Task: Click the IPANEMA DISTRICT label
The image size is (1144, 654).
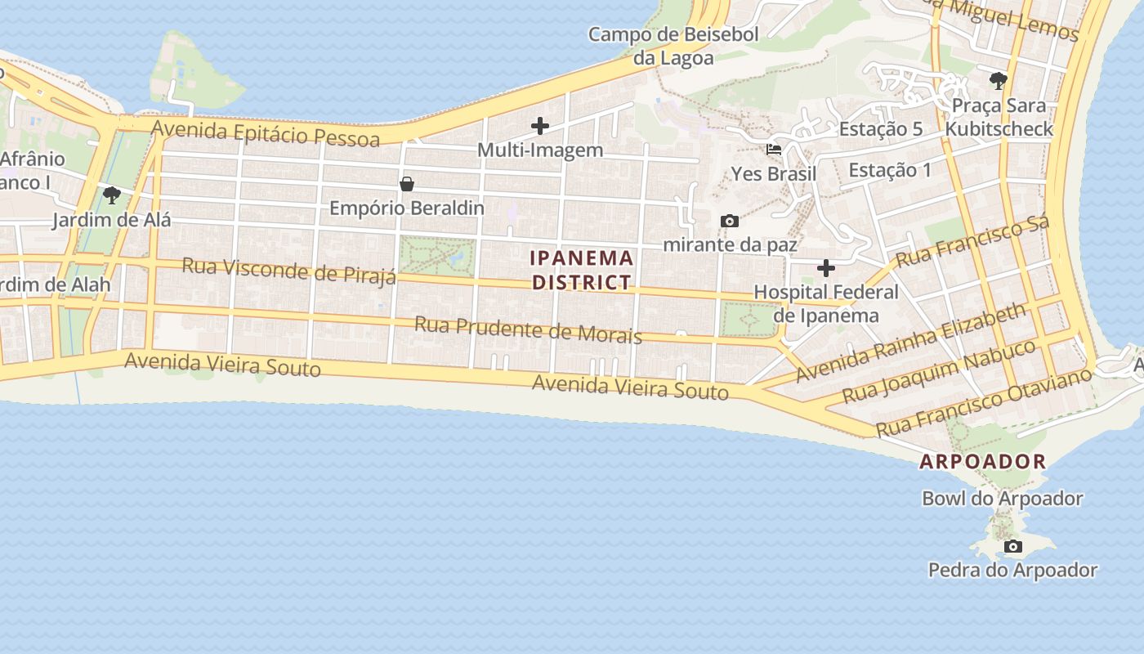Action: tap(581, 270)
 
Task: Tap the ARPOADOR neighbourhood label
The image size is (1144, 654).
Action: tap(982, 461)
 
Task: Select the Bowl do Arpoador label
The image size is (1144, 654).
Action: tap(1002, 498)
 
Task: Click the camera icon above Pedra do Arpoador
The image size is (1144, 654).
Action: tap(1013, 546)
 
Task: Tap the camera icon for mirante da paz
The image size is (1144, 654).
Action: tap(730, 221)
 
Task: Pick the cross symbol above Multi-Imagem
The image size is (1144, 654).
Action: tap(539, 126)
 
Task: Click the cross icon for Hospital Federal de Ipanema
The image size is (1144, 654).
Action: tap(826, 267)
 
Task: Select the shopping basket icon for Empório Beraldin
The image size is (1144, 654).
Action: tap(406, 184)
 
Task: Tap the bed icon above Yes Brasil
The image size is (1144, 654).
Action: tap(773, 150)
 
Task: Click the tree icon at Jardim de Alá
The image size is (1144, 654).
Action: tap(112, 195)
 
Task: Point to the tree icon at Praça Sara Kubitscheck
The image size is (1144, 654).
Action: tap(998, 80)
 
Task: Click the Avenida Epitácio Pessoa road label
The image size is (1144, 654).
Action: tap(266, 133)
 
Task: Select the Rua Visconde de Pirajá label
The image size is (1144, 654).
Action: tap(288, 270)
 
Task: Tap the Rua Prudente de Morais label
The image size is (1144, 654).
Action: tap(528, 329)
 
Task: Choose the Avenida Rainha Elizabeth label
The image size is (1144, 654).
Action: tap(910, 342)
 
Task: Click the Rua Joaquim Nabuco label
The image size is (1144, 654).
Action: tap(939, 370)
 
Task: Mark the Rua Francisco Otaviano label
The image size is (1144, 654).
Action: tap(984, 401)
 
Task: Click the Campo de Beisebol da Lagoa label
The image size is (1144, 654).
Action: tap(673, 46)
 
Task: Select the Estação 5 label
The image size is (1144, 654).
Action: tap(881, 128)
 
